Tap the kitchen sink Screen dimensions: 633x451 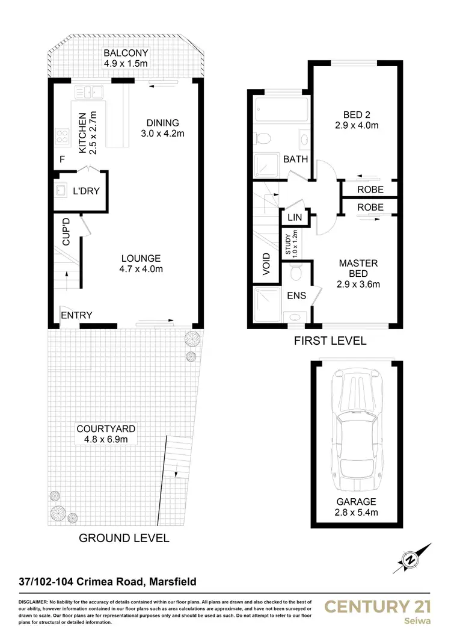[90, 93]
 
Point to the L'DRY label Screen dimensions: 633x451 [86, 192]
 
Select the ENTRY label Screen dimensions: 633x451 [76, 315]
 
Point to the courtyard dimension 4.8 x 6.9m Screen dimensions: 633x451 [106, 439]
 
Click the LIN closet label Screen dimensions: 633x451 [294, 217]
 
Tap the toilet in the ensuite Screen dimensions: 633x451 [295, 274]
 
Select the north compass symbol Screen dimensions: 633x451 [411, 559]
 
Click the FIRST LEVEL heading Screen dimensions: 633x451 [330, 341]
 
